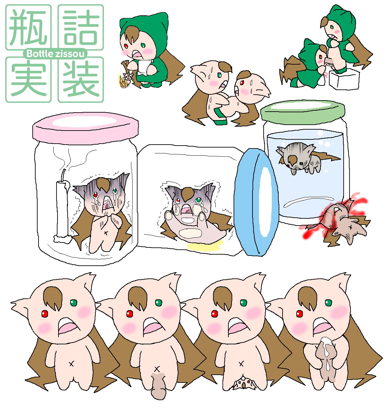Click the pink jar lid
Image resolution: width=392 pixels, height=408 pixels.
85,125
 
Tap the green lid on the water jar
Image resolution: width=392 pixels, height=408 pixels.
302,111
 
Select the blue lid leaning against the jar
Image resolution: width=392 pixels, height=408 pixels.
256,202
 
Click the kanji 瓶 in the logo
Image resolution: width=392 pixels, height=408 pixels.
28,27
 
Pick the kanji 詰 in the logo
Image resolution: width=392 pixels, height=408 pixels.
81,27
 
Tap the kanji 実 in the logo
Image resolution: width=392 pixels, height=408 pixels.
28,79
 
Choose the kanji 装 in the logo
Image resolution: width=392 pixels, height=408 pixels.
81,80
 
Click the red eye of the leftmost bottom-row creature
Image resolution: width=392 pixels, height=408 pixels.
45,314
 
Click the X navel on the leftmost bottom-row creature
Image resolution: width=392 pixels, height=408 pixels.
71,364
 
